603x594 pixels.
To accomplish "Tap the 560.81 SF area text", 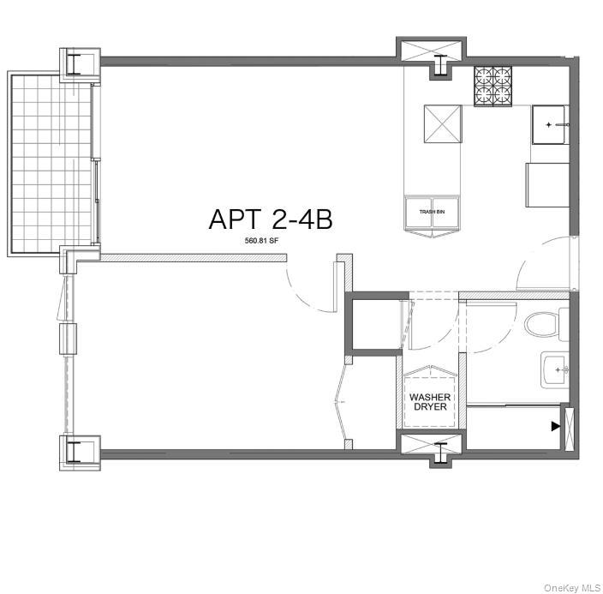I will point(263,241).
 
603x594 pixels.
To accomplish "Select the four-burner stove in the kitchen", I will point(493,85).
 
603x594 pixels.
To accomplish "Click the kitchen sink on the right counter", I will point(549,125).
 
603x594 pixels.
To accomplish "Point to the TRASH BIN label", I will point(432,212).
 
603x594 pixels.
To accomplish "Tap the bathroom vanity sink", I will point(555,370).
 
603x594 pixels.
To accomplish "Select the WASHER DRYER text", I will point(429,402).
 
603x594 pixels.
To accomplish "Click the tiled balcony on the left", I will point(52,162).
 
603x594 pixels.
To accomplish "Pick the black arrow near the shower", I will point(556,425).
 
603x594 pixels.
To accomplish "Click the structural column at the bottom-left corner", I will point(79,451).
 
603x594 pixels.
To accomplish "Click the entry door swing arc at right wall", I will point(544,265).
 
